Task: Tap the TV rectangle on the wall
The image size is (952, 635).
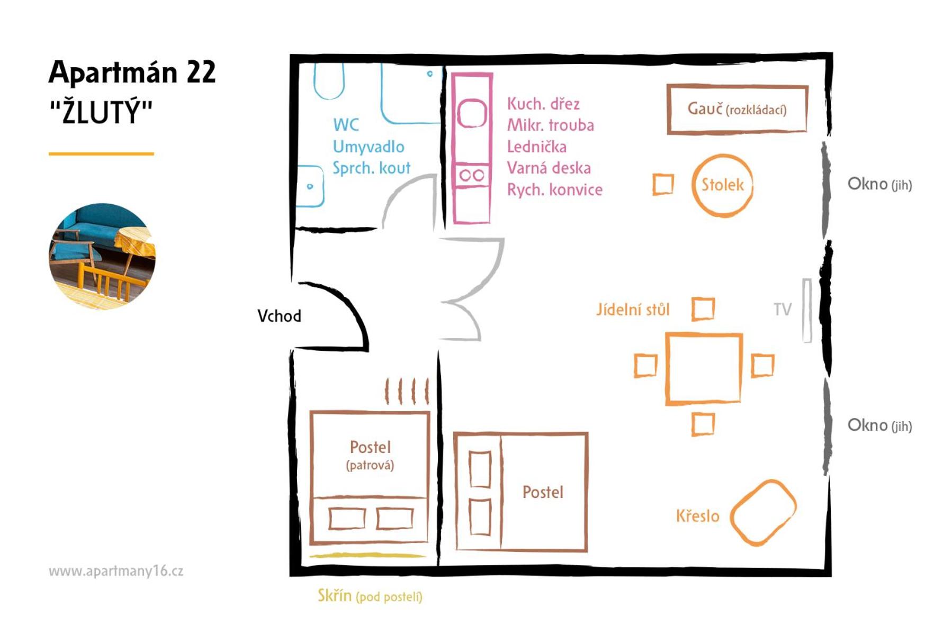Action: coord(807,311)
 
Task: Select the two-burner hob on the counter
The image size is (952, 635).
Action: coord(471,175)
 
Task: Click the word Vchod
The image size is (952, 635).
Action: coord(279,316)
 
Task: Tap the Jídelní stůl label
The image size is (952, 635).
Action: coord(633,309)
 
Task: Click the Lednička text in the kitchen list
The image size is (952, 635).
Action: coord(537,147)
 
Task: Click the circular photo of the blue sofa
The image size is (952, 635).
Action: coord(102,256)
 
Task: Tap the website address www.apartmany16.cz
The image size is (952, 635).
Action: coord(116,571)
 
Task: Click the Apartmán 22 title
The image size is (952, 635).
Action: coord(132,72)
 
